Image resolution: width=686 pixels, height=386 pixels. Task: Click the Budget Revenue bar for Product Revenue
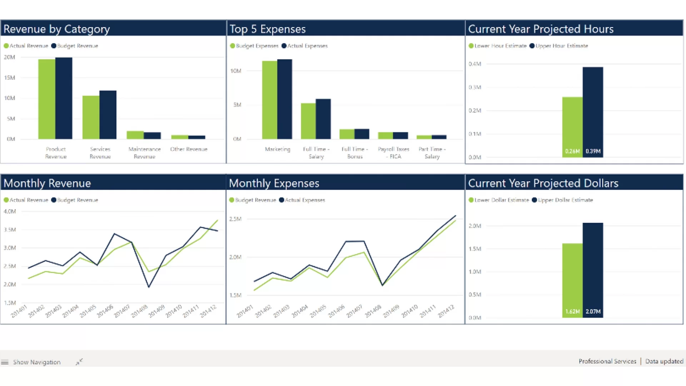tap(64, 98)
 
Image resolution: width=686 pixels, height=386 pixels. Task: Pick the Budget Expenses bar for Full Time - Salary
tap(308, 121)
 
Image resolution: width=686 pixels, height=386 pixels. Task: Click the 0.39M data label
tap(593, 151)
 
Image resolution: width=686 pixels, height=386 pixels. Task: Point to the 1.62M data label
tap(572, 312)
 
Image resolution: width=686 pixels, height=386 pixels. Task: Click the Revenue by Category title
tap(56, 29)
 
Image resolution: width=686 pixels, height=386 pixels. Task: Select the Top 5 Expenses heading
tap(267, 29)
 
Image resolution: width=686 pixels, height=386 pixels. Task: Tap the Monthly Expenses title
tap(274, 183)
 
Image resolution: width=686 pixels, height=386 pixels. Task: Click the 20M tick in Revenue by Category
tap(10, 57)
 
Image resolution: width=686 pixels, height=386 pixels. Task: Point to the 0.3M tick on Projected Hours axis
tap(475, 87)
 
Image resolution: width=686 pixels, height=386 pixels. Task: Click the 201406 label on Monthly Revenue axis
tap(105, 311)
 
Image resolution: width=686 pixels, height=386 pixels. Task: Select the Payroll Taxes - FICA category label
tap(393, 153)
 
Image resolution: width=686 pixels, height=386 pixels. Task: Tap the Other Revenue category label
tap(189, 149)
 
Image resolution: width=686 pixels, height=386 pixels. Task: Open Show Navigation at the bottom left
tap(36, 362)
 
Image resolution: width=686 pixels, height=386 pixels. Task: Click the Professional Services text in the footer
tap(607, 361)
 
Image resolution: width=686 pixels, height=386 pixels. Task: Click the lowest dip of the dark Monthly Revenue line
tap(149, 287)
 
